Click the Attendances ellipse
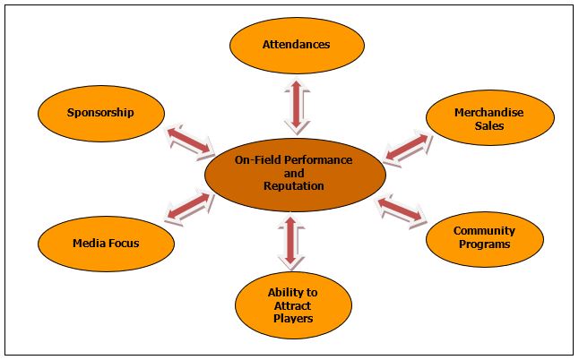point(297,43)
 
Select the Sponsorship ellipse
point(100,113)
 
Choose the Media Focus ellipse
point(105,242)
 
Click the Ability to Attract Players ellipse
point(292,304)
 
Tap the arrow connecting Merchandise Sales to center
point(406,147)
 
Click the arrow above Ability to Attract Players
point(289,241)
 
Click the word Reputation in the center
point(294,185)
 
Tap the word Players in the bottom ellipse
point(292,318)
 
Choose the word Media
point(89,243)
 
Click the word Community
point(484,231)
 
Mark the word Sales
point(489,126)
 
